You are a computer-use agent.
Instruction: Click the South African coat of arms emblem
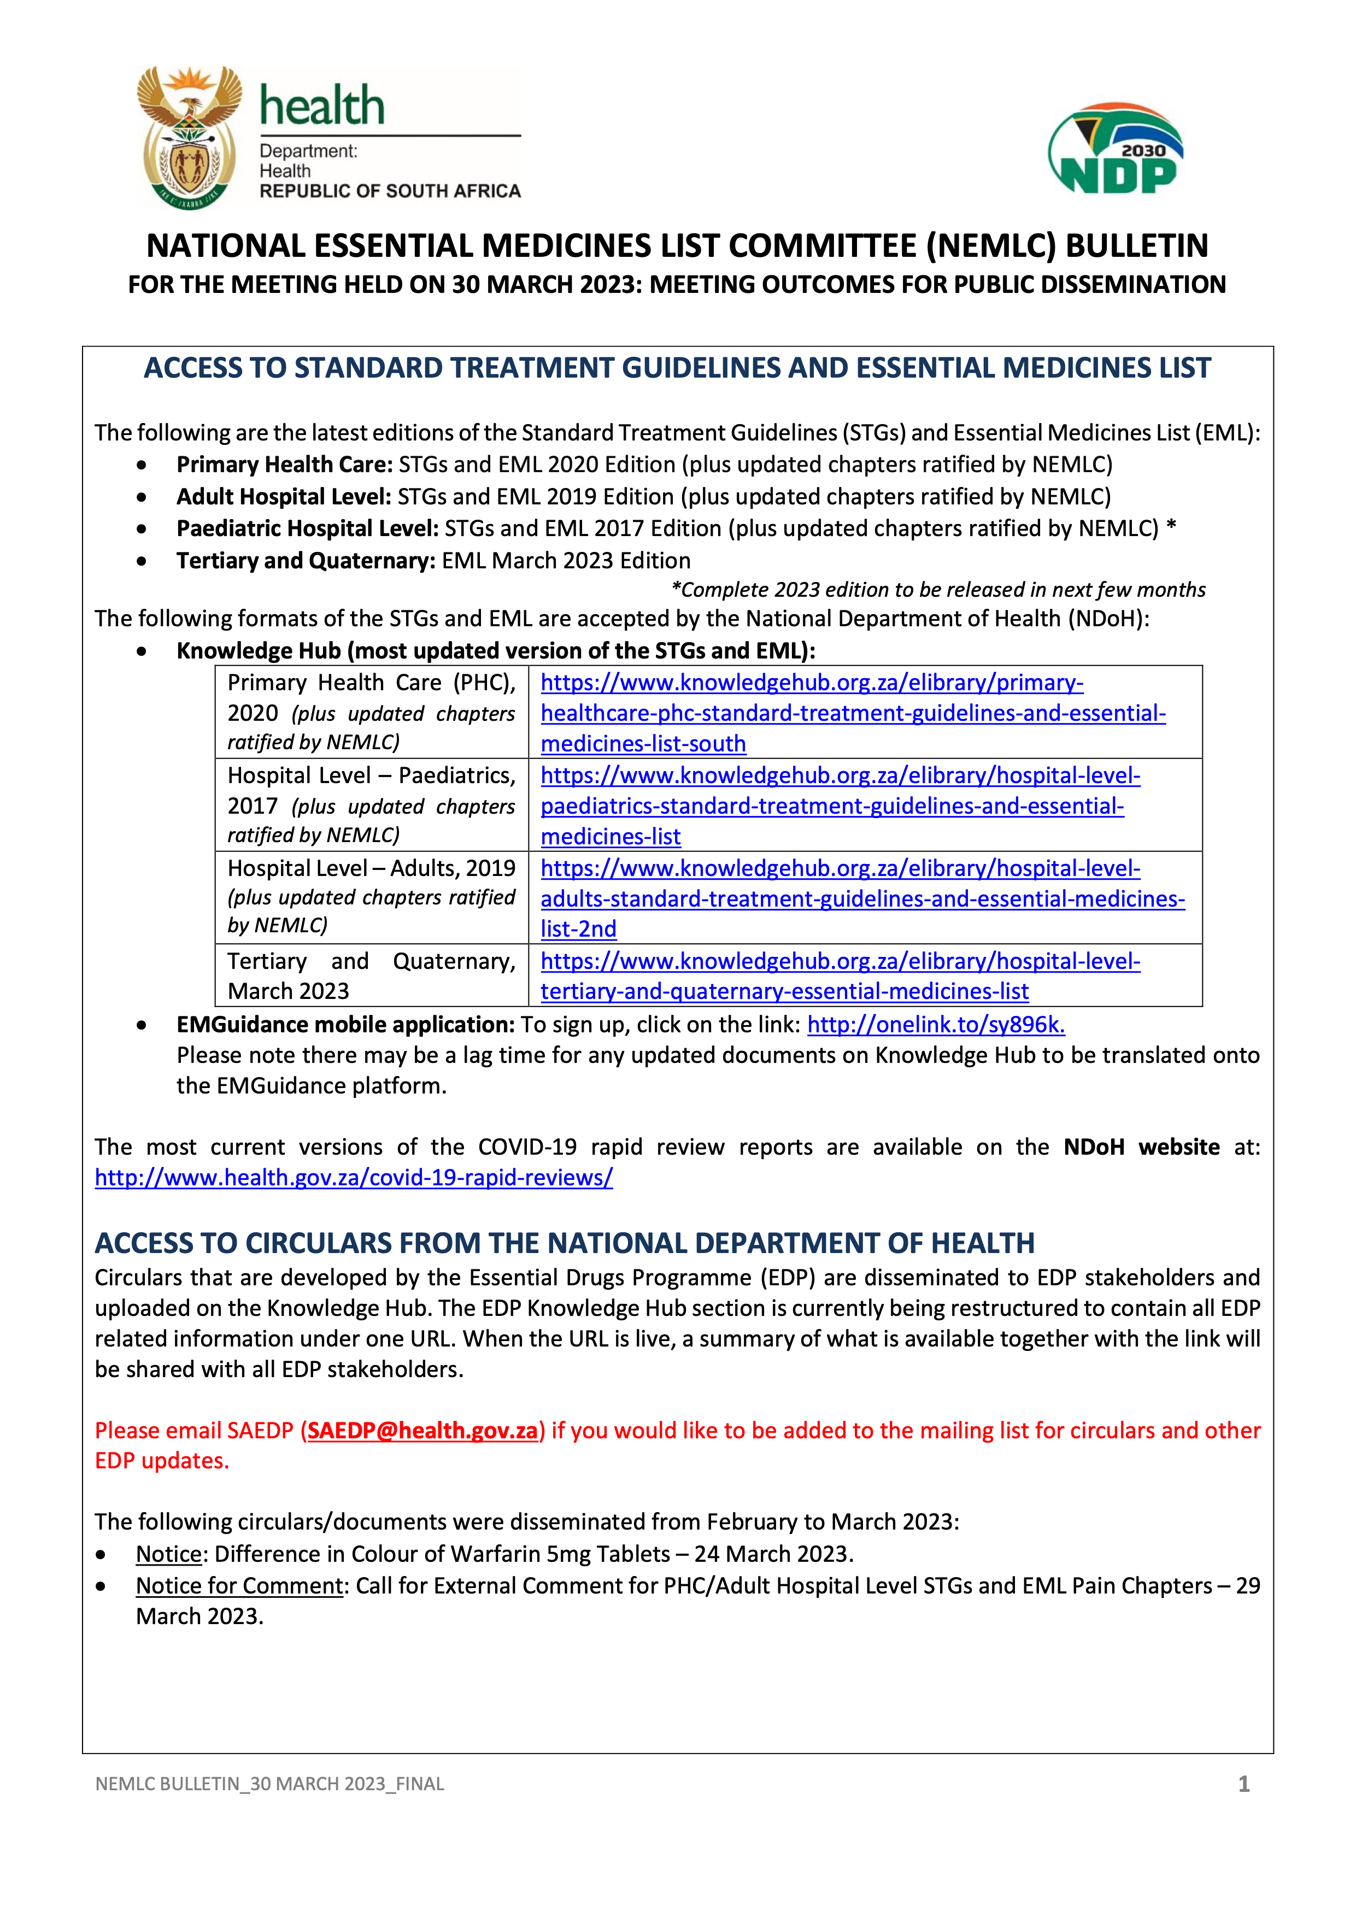tap(190, 137)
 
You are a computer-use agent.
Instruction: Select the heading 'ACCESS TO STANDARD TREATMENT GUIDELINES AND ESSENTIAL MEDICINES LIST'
tap(677, 368)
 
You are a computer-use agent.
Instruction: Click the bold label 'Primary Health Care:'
tap(284, 464)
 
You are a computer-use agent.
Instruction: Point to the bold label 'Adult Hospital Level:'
tap(283, 497)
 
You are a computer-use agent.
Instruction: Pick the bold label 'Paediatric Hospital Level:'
tap(307, 528)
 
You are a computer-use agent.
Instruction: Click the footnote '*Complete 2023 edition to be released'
tap(938, 590)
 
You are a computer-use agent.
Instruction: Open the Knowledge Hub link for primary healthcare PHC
tap(852, 713)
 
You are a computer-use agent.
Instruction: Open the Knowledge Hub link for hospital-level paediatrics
tap(839, 805)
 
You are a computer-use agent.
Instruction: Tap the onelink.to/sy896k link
tap(935, 1025)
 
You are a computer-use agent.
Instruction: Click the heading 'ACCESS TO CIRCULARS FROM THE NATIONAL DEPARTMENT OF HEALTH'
tap(565, 1243)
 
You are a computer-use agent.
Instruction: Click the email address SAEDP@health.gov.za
tap(422, 1430)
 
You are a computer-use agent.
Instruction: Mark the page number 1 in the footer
tap(1243, 1784)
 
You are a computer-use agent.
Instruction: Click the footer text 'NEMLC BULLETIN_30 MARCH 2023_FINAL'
tap(269, 1784)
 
